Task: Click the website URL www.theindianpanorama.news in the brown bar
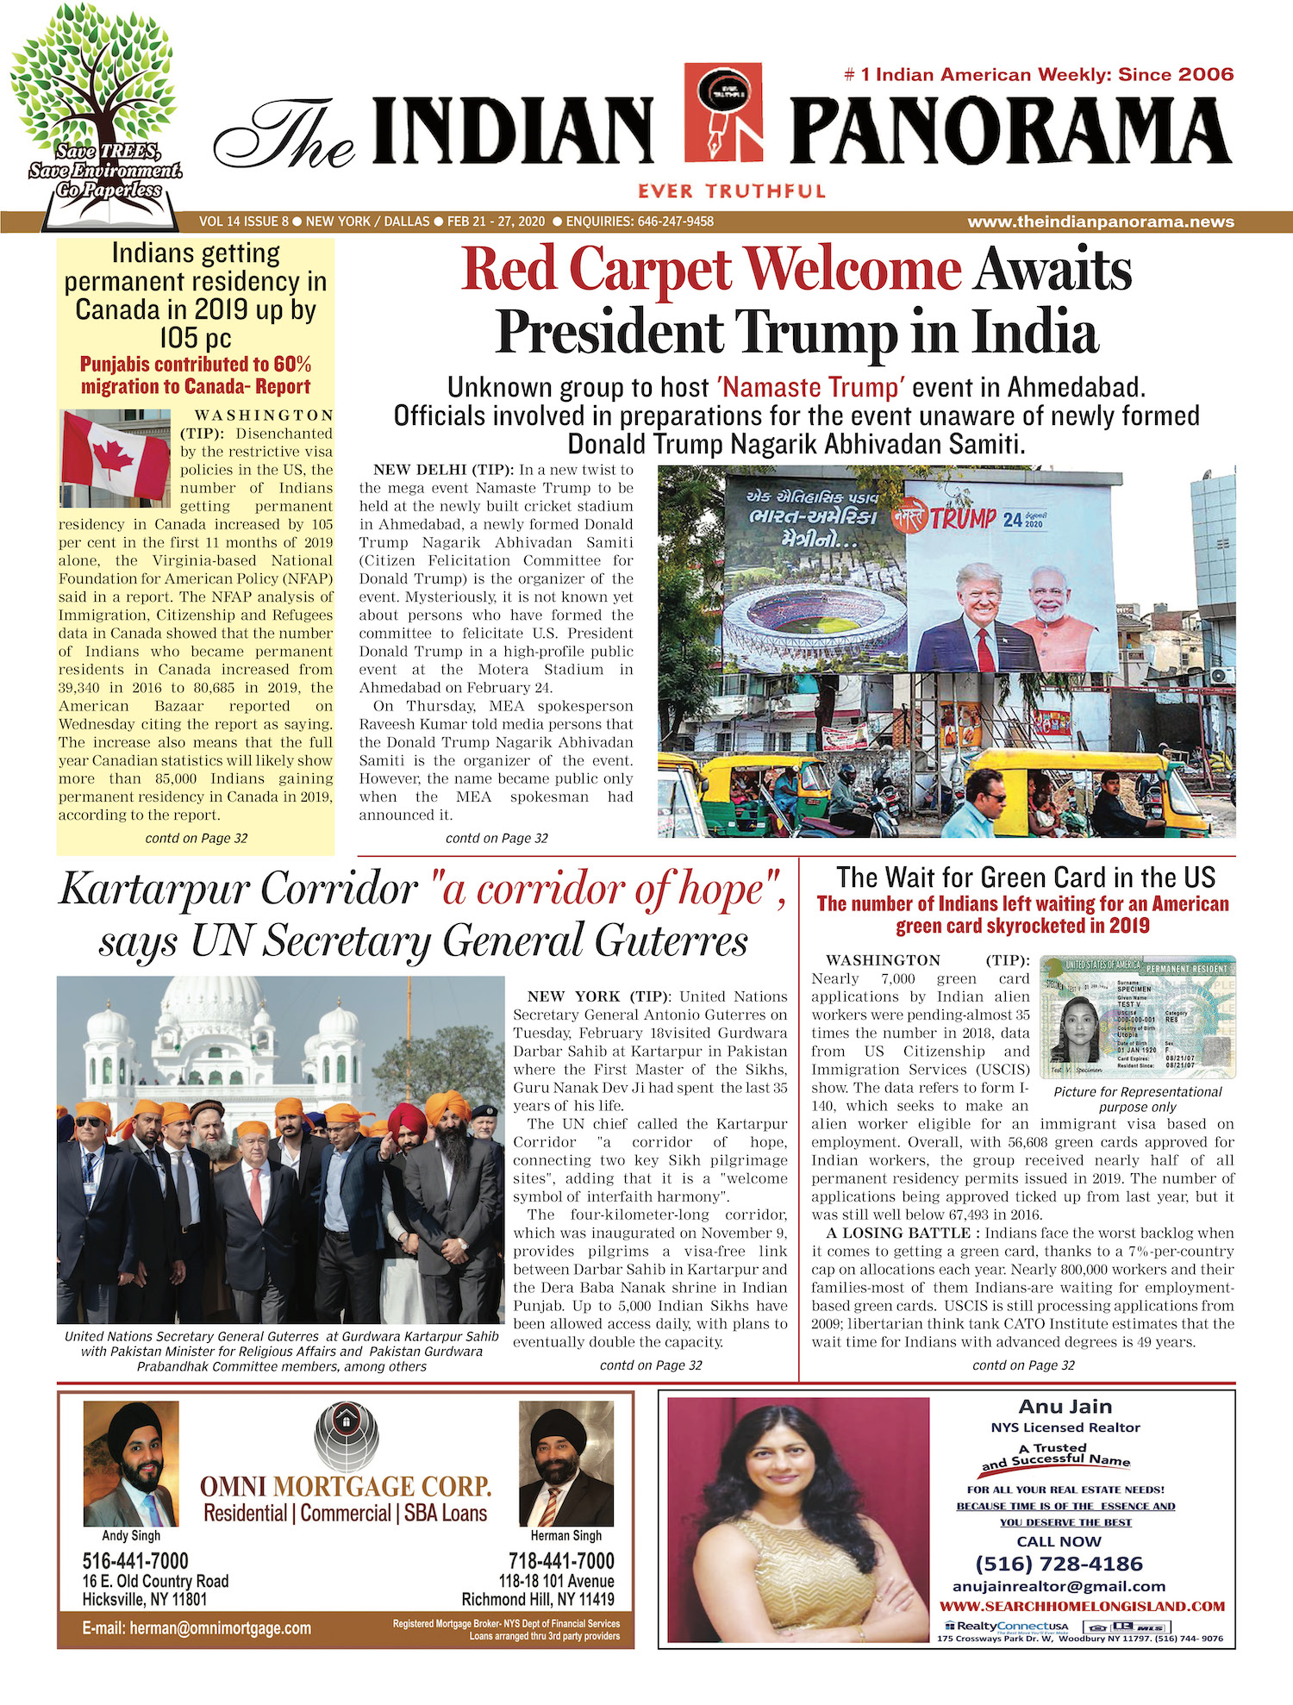coord(1100,222)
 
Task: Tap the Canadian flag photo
coord(116,459)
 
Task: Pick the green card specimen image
coord(1137,1016)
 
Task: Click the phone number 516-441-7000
coord(135,1561)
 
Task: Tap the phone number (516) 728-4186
coord(1059,1564)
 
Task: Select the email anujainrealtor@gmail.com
coord(1059,1586)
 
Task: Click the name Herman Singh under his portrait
coord(565,1535)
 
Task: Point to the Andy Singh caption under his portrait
coord(131,1535)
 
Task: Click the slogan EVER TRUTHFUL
coord(732,191)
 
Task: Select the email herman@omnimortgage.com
coord(197,1628)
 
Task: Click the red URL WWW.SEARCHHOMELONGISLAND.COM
coord(1082,1606)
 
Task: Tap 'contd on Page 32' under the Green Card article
coord(1023,1365)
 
